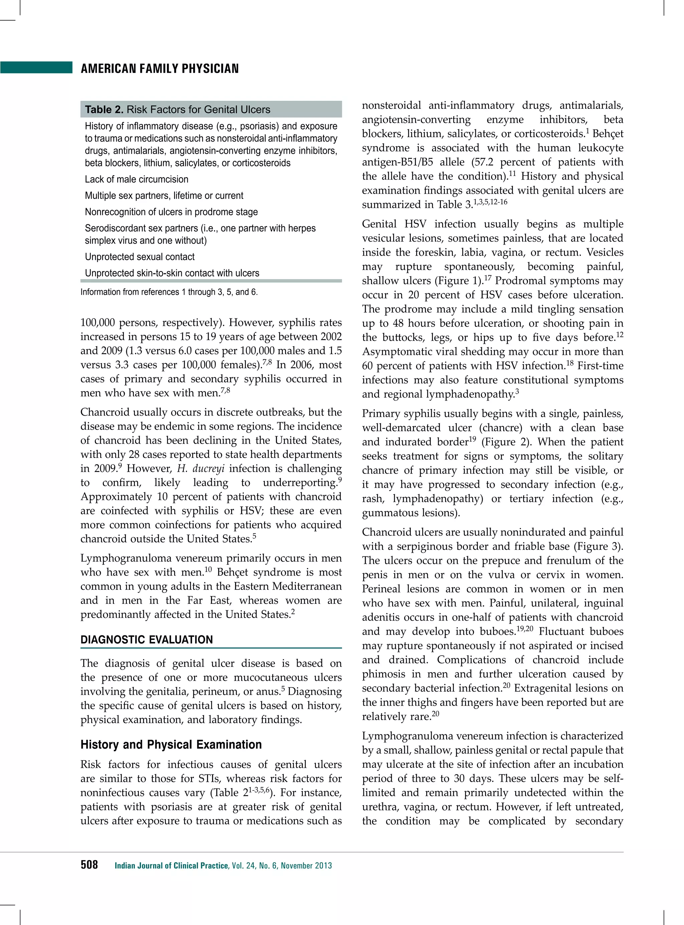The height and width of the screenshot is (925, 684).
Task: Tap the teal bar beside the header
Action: (36, 67)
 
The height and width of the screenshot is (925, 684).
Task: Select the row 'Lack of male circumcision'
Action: (136, 179)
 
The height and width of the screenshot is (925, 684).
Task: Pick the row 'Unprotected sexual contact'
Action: (140, 257)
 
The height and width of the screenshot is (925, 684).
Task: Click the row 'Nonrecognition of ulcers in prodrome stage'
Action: (171, 212)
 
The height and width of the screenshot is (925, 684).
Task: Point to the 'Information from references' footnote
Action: (169, 292)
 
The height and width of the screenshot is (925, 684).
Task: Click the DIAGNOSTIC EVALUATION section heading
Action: (147, 640)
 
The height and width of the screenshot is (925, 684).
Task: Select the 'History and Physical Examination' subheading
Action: (171, 744)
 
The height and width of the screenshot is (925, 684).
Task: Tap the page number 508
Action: (89, 865)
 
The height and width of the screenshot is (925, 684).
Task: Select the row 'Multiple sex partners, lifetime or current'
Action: (164, 196)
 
